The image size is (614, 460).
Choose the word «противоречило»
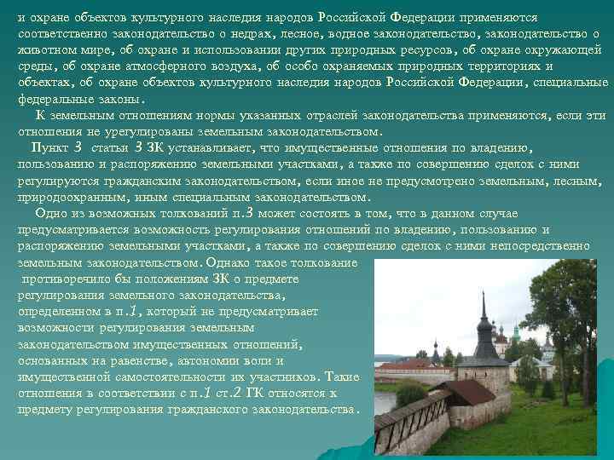pos(68,279)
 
